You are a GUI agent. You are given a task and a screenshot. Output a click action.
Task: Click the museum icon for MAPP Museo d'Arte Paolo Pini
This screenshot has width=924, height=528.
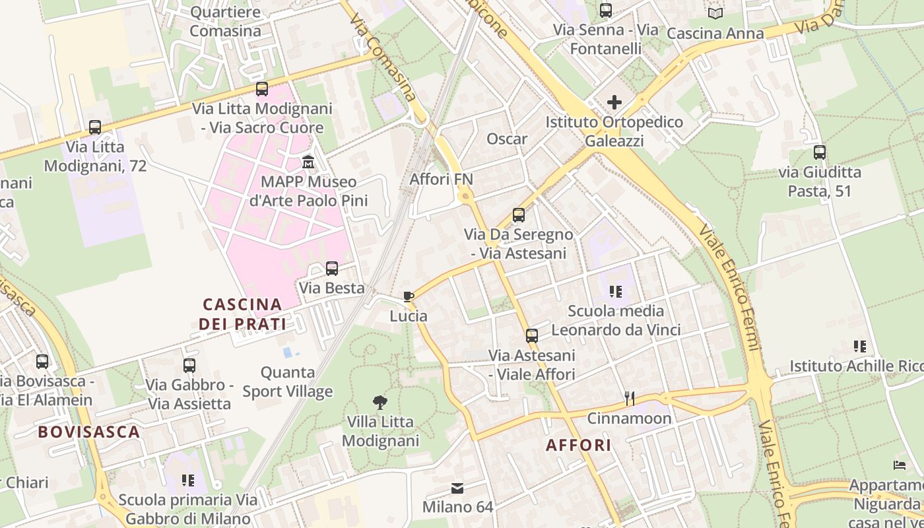(x=308, y=162)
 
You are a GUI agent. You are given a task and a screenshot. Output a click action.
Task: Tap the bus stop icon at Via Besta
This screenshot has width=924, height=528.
(x=332, y=269)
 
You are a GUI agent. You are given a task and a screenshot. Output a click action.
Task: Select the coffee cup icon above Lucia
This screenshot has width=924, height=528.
(x=409, y=296)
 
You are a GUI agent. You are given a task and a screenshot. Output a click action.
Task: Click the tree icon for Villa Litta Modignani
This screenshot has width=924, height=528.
(x=379, y=402)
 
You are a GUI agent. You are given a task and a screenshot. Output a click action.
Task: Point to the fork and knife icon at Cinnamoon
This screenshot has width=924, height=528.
(x=630, y=398)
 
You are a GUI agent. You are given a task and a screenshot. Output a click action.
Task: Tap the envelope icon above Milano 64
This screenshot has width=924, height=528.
(x=457, y=488)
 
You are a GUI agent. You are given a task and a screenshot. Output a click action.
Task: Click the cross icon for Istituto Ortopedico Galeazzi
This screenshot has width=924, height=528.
(x=614, y=102)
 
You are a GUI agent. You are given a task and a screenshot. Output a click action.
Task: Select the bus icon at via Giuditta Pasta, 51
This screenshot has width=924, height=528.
(x=820, y=152)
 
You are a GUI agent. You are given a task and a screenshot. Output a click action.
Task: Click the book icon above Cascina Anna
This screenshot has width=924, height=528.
(x=715, y=13)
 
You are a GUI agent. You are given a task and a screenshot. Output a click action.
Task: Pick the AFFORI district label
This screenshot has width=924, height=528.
(x=579, y=445)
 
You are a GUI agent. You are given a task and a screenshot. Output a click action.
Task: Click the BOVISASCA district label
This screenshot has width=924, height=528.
(x=88, y=432)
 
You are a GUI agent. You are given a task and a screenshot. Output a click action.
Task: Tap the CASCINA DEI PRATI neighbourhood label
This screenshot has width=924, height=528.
(x=243, y=314)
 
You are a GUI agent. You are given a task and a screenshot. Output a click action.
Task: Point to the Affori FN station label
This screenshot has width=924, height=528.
(x=442, y=179)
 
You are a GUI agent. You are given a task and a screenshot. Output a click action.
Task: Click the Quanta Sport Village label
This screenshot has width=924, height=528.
(x=287, y=382)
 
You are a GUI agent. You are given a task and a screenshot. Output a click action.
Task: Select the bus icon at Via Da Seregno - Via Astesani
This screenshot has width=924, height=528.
(x=519, y=215)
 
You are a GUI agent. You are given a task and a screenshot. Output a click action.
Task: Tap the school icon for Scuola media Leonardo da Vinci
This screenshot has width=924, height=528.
(x=616, y=291)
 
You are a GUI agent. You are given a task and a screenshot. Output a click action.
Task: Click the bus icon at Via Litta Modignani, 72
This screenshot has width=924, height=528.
(x=95, y=127)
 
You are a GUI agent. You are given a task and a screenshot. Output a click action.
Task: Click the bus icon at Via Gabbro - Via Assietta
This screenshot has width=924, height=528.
(x=189, y=365)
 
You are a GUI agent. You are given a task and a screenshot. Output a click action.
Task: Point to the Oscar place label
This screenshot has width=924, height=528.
(x=507, y=139)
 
